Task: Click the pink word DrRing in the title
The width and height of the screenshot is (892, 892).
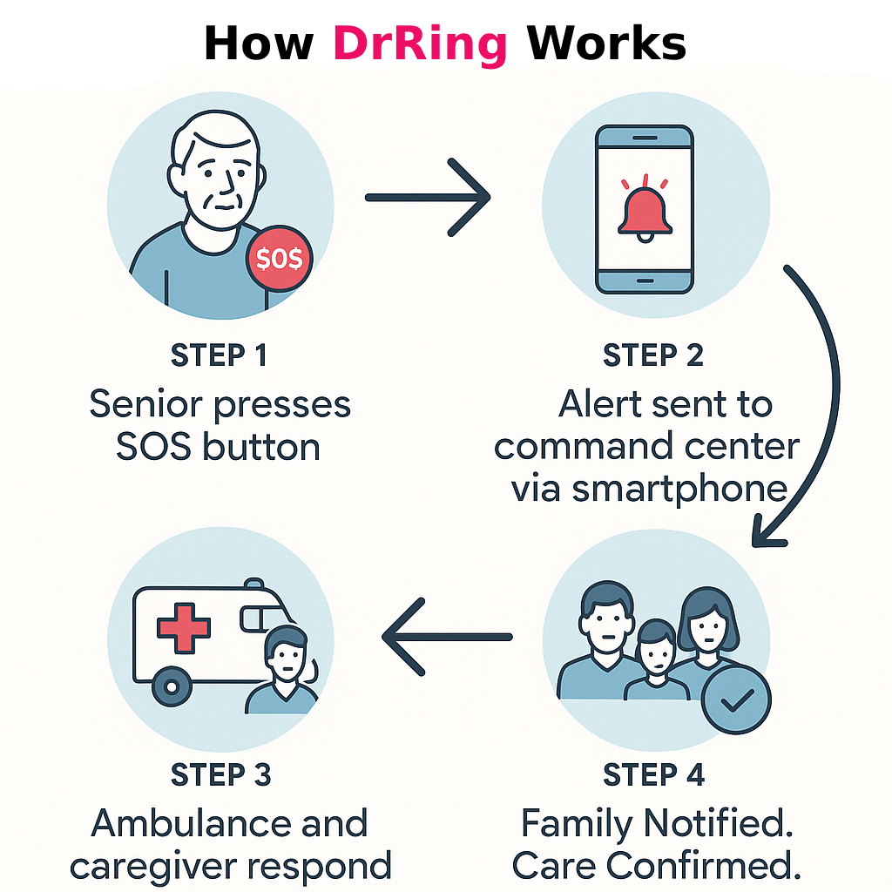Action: click(x=420, y=44)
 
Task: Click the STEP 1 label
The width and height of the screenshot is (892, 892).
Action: click(x=220, y=356)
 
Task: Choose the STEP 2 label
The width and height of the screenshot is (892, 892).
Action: click(x=653, y=356)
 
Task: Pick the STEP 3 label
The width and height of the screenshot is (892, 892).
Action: click(x=220, y=774)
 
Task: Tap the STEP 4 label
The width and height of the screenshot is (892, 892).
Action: click(x=653, y=774)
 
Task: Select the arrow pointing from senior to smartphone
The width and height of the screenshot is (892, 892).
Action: click(x=427, y=198)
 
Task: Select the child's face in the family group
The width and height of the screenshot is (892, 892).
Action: click(x=654, y=651)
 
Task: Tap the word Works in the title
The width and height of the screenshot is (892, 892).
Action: click(x=606, y=44)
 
